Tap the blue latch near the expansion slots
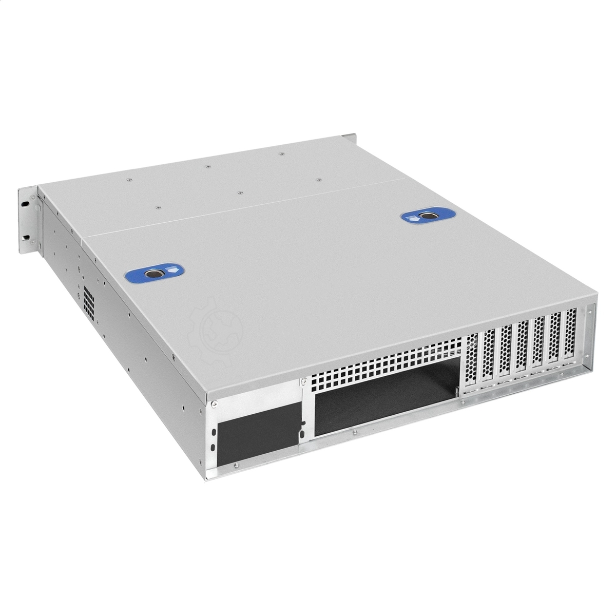(x=420, y=217)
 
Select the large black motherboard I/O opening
(x=385, y=395)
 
